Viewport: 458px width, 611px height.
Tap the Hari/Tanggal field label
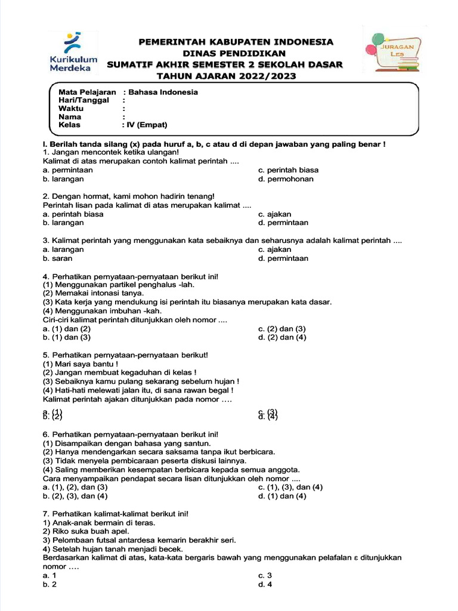click(x=83, y=100)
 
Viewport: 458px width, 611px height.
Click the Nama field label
click(x=70, y=117)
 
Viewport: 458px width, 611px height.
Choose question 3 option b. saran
click(x=58, y=258)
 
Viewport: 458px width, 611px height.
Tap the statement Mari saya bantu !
click(x=80, y=364)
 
